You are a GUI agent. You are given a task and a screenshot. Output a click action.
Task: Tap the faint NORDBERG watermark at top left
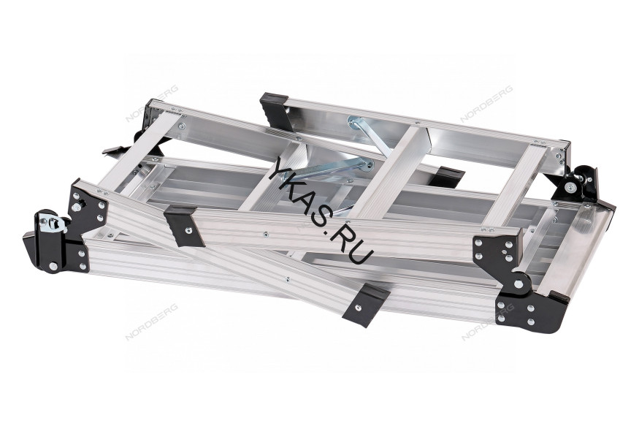pos(152,103)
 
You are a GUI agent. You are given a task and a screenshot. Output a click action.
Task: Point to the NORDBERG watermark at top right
pos(486,104)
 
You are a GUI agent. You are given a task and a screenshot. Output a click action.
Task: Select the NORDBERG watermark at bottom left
pos(152,322)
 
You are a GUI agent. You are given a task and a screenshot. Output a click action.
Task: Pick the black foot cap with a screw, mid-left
pos(185,226)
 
